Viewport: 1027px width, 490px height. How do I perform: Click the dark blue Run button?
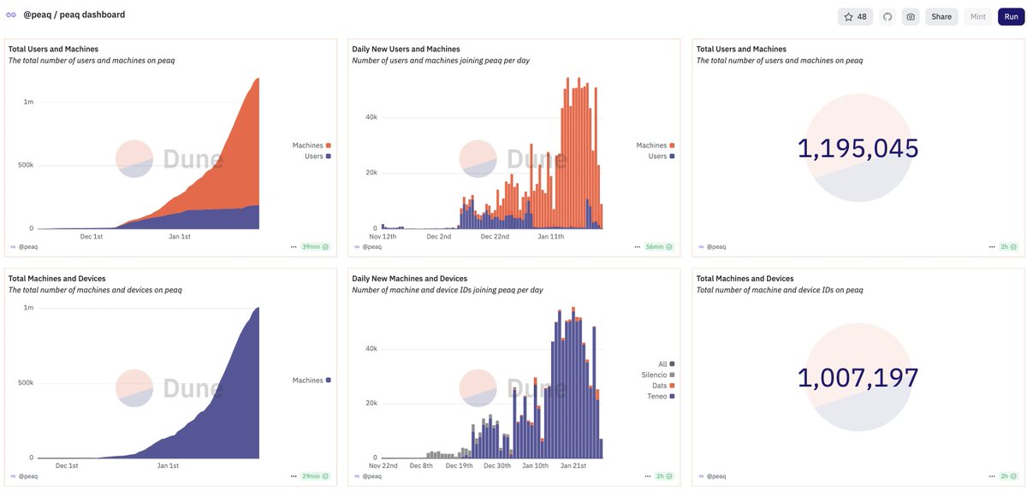[x=1010, y=16]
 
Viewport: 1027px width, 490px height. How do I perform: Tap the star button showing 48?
[x=855, y=16]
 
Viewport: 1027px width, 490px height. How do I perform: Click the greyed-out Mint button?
[x=977, y=16]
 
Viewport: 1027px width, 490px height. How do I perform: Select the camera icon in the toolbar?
[x=911, y=16]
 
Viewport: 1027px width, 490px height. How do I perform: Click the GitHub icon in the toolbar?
[x=887, y=16]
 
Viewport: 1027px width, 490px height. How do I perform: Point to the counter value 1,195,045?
[x=858, y=148]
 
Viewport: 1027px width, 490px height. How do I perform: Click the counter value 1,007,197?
[x=858, y=377]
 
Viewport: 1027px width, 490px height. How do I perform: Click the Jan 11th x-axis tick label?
[x=551, y=236]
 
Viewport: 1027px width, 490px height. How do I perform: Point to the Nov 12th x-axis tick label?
[x=383, y=236]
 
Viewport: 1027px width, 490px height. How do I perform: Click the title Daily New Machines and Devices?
[x=409, y=279]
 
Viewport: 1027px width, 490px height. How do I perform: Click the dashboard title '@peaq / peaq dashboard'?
[x=74, y=15]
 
